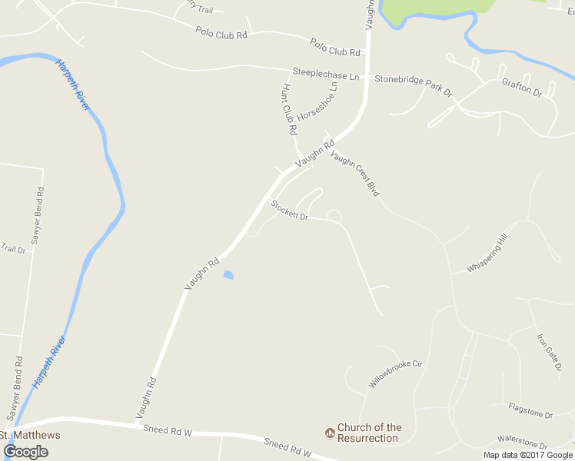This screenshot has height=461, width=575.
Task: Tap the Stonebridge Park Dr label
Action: tap(414, 85)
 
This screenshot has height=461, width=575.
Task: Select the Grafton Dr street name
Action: tap(522, 87)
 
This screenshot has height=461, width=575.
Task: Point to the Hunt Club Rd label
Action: tap(289, 110)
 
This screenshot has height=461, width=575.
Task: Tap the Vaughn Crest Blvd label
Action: tap(355, 173)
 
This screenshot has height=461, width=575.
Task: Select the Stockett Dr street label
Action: tap(289, 210)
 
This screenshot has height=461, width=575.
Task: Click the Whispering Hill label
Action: tap(487, 254)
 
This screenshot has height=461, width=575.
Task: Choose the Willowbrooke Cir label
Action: tap(396, 373)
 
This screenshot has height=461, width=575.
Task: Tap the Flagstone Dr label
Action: tap(530, 410)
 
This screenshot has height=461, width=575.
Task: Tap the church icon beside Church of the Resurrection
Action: tap(331, 433)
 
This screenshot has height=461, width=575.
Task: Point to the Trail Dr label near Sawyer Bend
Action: tap(13, 248)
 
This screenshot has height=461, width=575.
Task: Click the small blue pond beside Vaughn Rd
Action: tap(228, 274)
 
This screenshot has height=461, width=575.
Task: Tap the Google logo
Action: tap(25, 451)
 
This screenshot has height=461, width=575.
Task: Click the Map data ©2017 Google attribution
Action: tap(529, 455)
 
